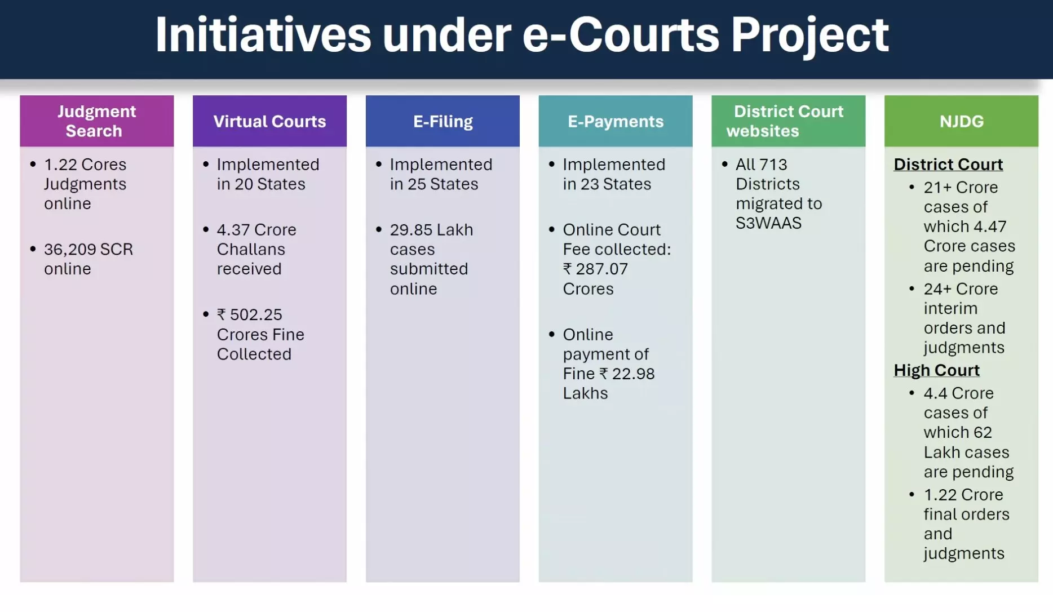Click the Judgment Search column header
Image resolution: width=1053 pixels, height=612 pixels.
click(97, 121)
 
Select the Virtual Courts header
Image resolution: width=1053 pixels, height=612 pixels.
click(269, 121)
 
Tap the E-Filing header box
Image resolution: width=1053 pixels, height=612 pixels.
click(443, 121)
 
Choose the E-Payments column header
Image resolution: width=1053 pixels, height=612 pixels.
click(616, 121)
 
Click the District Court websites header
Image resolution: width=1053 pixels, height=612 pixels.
click(789, 121)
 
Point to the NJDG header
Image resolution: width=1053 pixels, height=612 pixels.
click(961, 121)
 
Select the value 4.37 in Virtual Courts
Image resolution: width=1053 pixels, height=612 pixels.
click(233, 230)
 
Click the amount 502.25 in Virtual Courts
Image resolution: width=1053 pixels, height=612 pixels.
click(256, 314)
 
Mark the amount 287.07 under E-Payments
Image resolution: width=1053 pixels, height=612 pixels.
click(601, 269)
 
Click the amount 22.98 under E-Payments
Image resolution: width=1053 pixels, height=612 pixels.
click(633, 374)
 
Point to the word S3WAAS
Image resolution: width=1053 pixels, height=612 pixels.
click(768, 223)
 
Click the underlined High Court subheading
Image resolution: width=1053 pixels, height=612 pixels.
click(936, 370)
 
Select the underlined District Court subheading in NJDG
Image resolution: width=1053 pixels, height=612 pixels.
click(948, 165)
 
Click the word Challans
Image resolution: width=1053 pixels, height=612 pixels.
click(251, 250)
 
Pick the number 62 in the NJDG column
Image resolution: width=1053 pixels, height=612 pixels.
click(983, 433)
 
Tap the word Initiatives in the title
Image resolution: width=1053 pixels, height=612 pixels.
click(263, 36)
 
